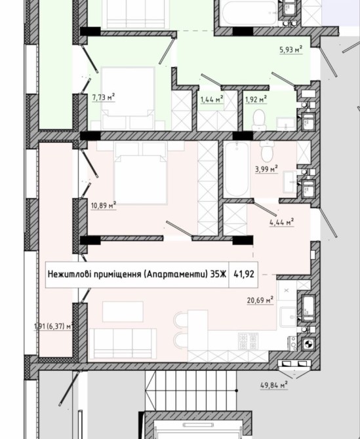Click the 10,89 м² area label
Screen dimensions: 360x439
(x=104, y=206)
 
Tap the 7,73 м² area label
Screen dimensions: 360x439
(x=104, y=97)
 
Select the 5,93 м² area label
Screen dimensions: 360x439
(x=291, y=50)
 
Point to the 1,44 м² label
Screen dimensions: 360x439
(x=212, y=99)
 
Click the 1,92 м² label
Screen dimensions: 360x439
(x=256, y=99)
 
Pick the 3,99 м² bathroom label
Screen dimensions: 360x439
(x=266, y=169)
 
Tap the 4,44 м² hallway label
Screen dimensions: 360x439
(x=281, y=222)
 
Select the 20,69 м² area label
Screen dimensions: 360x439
(x=260, y=300)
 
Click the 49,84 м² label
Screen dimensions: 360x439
(x=274, y=385)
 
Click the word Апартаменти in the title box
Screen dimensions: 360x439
(x=174, y=274)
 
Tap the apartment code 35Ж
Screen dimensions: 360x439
(x=218, y=274)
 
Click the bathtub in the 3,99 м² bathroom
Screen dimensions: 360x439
(x=237, y=170)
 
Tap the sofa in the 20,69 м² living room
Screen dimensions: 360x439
(x=123, y=343)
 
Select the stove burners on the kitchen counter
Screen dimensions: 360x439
(x=248, y=341)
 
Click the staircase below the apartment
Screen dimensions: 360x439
(x=191, y=391)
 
